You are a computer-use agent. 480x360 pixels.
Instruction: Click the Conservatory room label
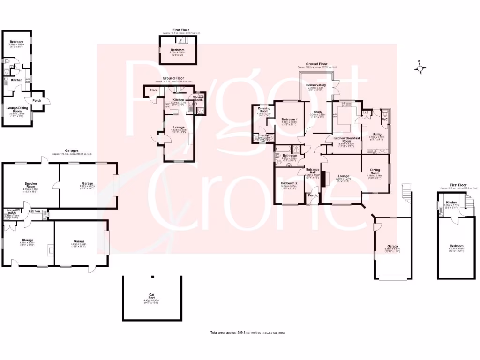tap(316, 85)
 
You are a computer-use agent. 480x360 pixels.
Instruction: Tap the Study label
tap(317, 112)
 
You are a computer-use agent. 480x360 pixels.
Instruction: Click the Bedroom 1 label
tap(290, 120)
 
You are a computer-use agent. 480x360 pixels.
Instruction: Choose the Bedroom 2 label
tap(289, 183)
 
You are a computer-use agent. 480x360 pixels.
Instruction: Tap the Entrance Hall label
tap(313, 172)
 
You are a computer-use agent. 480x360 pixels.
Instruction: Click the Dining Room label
tap(375, 171)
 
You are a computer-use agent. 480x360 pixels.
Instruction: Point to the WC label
tap(385, 120)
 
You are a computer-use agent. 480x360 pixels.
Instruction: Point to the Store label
tap(153, 90)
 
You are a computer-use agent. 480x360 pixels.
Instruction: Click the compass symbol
tap(420, 68)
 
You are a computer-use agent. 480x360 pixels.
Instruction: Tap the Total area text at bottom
tap(247, 333)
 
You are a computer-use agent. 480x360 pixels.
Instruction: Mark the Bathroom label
tap(290, 155)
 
